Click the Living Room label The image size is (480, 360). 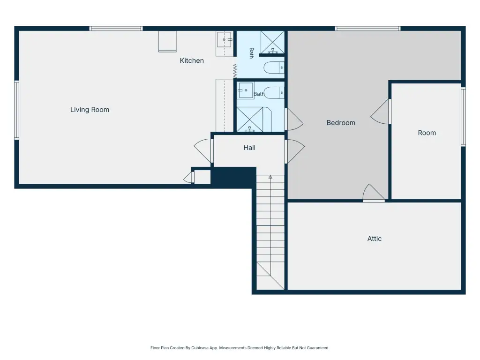[x=90, y=110]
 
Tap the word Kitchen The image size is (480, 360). [x=192, y=60]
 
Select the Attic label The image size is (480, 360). [x=375, y=239]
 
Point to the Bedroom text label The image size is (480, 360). [x=341, y=123]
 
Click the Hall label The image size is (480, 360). [x=249, y=148]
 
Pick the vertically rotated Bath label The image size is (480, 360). [x=251, y=53]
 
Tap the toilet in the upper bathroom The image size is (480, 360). [x=274, y=67]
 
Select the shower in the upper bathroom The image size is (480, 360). [x=272, y=42]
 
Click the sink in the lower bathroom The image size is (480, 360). [x=246, y=90]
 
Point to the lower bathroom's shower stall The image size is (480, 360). [x=250, y=120]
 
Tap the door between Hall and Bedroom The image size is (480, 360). [x=294, y=151]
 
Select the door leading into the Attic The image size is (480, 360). [x=374, y=193]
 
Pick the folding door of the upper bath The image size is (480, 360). [x=235, y=71]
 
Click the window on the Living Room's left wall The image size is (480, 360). [x=17, y=110]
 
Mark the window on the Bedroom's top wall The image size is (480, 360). [x=367, y=29]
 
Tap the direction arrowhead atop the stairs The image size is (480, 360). [x=270, y=177]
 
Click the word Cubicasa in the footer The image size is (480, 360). [x=200, y=348]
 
